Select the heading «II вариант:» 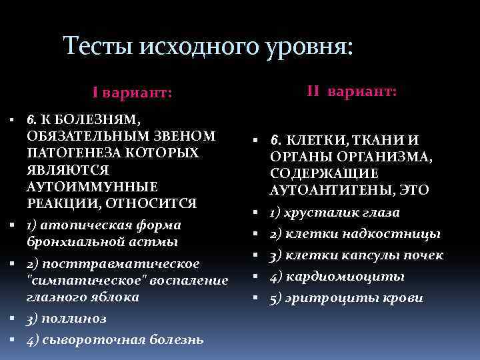(351, 90)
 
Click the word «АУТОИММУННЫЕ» (92, 185)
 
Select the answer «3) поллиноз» (66, 318)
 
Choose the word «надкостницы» (400, 234)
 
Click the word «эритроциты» (321, 297)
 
